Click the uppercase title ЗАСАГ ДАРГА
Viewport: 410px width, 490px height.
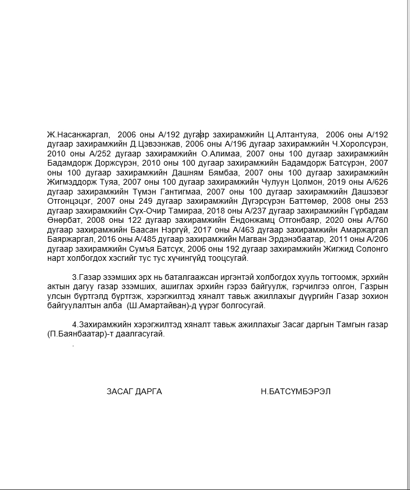pyautogui.click(x=134, y=391)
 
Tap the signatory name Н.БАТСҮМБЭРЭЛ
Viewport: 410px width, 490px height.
pyautogui.click(x=295, y=391)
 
